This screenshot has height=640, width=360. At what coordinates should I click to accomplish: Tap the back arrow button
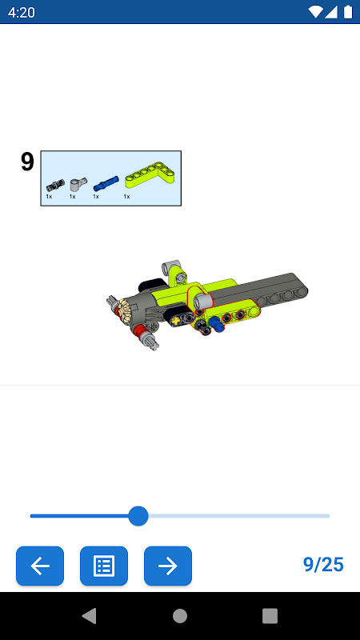40,566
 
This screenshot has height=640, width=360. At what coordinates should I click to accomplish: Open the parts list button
104,566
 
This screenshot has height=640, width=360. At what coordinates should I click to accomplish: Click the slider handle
138,516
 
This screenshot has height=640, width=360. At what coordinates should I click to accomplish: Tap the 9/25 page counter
323,565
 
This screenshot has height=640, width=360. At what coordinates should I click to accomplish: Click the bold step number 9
27,162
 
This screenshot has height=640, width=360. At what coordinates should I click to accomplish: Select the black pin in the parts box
55,186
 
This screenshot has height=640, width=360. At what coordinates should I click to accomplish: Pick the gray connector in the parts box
78,185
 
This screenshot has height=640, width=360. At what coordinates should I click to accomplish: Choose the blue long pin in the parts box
106,183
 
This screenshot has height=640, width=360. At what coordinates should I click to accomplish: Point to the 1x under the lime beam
127,197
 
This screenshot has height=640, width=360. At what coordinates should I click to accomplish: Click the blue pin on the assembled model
215,324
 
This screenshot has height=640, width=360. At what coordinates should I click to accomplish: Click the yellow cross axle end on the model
176,321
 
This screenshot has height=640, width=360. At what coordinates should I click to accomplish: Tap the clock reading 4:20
22,12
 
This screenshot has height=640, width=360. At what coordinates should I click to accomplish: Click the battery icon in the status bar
348,12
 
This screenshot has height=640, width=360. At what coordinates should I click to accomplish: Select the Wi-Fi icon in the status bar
315,12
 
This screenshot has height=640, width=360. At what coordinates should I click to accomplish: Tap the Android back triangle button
90,616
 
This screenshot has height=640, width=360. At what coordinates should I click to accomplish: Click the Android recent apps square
270,616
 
